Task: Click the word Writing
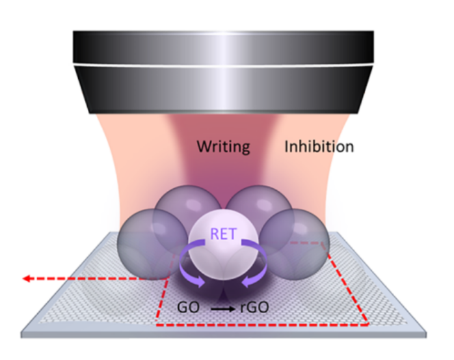223,146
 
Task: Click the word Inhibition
319,146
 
